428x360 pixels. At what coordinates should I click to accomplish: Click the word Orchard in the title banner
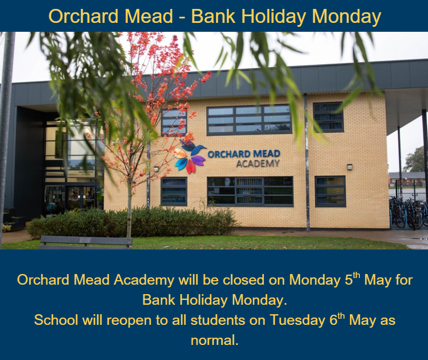pos(84,16)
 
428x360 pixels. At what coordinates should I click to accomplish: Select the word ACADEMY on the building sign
pos(258,164)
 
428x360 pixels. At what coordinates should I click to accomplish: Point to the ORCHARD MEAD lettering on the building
pos(244,153)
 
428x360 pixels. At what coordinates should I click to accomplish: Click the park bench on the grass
pos(85,242)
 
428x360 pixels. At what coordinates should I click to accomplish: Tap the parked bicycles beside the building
pos(408,212)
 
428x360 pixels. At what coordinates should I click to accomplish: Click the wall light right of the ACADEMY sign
pos(349,166)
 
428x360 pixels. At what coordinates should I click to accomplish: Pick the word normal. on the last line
pos(214,340)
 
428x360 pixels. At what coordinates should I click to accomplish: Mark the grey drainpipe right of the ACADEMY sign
pos(307,162)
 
